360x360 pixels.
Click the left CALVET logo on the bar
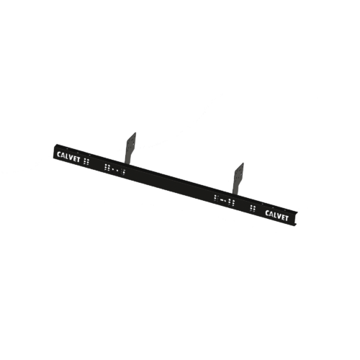click(68, 157)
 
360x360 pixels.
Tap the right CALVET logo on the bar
click(276, 215)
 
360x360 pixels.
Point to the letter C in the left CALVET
click(59, 154)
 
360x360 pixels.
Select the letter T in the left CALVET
click(78, 160)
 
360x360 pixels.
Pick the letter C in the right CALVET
click(267, 212)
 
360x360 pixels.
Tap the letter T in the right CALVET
click(286, 218)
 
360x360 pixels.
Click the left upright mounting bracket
click(131, 148)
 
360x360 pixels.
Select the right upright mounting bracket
click(238, 179)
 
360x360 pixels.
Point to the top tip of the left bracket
click(135, 132)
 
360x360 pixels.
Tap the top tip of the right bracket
click(243, 163)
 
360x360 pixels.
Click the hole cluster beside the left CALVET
click(86, 161)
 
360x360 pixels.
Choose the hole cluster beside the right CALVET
click(253, 208)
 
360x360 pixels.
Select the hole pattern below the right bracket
click(224, 200)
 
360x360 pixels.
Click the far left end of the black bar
click(54, 151)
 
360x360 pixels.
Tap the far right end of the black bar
click(297, 219)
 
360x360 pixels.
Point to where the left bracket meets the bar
click(127, 164)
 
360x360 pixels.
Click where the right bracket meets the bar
click(235, 194)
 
